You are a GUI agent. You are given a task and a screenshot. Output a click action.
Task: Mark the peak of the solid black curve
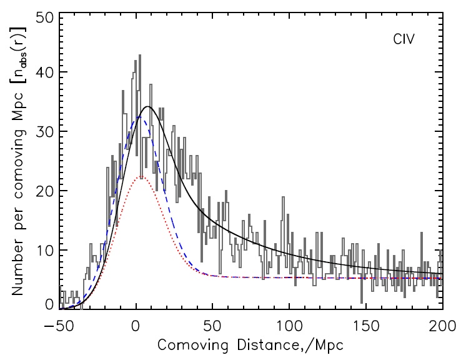147,107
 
